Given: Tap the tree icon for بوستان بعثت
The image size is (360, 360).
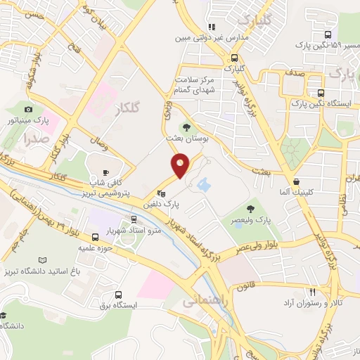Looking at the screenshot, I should click(x=186, y=127).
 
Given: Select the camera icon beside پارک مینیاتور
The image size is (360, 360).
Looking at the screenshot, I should click(x=28, y=109).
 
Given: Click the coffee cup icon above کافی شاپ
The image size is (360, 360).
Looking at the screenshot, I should click(x=106, y=172).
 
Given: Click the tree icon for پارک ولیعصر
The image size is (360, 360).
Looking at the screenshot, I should click(x=250, y=209).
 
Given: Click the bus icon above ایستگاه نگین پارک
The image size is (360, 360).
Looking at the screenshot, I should click(x=321, y=93).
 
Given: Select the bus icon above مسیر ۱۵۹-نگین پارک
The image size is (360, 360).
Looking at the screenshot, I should click(x=328, y=34).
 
